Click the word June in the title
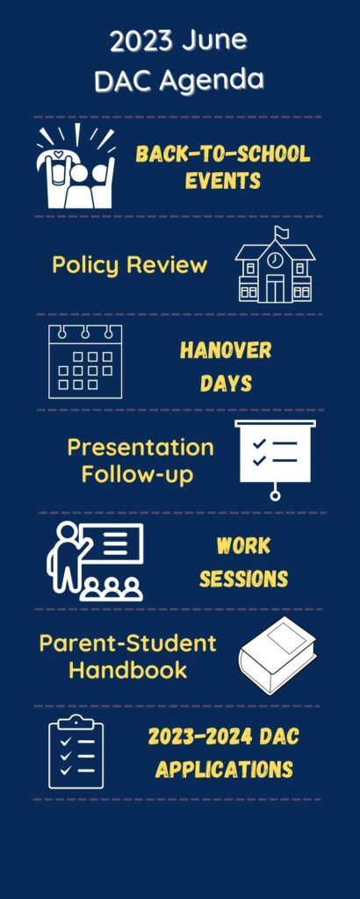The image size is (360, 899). [x=215, y=40]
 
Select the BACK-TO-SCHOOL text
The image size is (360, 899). [x=223, y=154]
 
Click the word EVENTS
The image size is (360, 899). [x=223, y=181]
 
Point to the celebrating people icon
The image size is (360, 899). [x=76, y=166]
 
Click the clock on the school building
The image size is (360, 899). [x=275, y=261]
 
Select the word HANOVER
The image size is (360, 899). [x=226, y=350]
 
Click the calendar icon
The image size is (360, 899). [x=85, y=361]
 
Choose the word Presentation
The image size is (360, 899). [x=140, y=447]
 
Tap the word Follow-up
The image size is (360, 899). [x=138, y=475]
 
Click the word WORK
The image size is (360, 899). [x=243, y=546]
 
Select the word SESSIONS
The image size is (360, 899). [x=243, y=579]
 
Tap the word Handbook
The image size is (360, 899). [x=128, y=670]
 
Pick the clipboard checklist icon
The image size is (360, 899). [x=76, y=752]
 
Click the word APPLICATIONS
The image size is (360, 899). [x=224, y=769]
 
